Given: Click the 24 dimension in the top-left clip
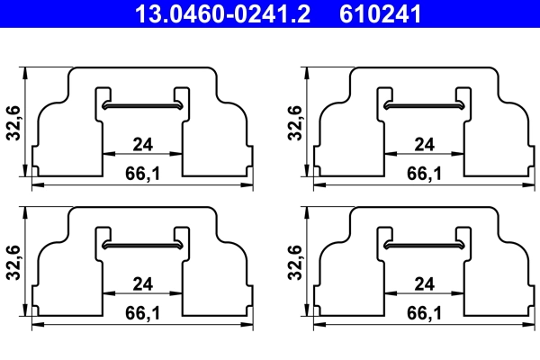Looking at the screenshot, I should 142,144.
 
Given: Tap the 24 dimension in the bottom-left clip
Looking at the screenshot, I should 142,284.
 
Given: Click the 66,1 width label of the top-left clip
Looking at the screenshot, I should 142,173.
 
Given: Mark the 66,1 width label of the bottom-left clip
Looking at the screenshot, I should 142,313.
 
